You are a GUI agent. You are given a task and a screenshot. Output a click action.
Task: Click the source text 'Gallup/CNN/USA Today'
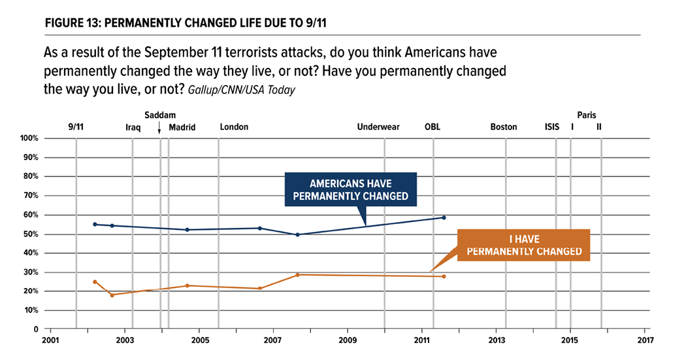(241, 90)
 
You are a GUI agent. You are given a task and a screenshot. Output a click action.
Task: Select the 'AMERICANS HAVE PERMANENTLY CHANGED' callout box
(350, 189)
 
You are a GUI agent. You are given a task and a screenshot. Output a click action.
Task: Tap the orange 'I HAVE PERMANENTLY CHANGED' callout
(523, 245)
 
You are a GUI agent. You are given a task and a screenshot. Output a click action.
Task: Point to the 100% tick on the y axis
(31, 139)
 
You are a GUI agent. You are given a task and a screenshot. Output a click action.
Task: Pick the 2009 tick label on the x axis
(348, 340)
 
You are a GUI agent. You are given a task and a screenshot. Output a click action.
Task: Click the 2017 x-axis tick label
(645, 340)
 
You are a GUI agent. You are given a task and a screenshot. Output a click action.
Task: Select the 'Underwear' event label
(378, 127)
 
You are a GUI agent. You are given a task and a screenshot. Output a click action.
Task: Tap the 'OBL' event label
(433, 127)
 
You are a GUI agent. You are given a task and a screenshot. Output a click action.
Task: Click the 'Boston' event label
(504, 127)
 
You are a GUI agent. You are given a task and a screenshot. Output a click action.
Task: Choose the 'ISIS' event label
(552, 127)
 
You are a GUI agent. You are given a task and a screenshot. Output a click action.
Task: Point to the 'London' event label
(234, 127)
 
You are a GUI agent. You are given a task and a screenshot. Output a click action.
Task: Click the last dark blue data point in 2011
(444, 218)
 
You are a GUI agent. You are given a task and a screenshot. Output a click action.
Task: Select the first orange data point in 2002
(95, 282)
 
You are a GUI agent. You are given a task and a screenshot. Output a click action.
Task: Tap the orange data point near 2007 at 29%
(298, 275)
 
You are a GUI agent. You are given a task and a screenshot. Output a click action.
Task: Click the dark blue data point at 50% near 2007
(298, 235)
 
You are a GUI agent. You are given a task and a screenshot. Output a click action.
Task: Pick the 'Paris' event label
(587, 115)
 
